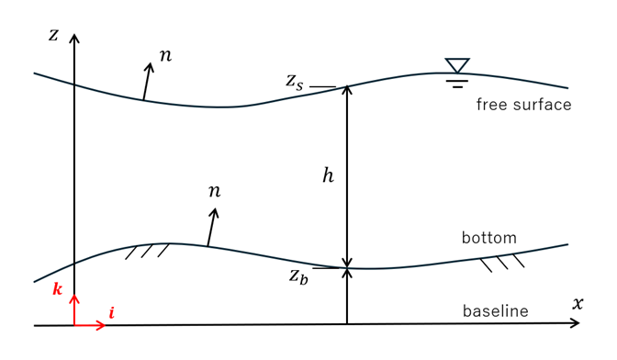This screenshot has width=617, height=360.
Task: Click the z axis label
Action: [53, 35]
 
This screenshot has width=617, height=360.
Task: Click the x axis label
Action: [578, 303]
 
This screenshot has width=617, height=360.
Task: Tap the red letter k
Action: [58, 289]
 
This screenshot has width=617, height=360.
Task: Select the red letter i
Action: [112, 313]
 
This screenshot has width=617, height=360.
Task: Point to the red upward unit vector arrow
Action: [74, 310]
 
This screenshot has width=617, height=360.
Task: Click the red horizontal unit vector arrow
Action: [90, 325]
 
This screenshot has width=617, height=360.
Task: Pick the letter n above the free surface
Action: [165, 56]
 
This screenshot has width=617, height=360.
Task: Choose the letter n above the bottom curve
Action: [215, 191]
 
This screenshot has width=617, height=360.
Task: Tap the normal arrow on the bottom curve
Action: [212, 228]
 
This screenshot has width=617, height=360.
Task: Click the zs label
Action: [295, 82]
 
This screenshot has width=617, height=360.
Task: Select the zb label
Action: [298, 276]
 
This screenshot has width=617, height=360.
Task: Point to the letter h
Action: [328, 175]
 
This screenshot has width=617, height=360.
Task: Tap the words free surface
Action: [523, 105]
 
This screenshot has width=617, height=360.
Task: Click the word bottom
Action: [489, 238]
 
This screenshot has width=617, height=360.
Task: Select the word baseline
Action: [496, 310]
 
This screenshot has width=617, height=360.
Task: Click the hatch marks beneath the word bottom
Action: [502, 264]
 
